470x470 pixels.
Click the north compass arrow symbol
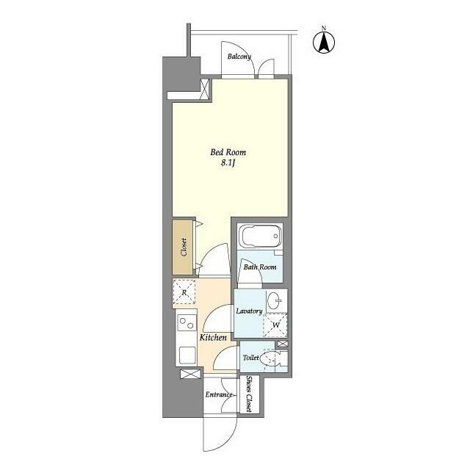[x=324, y=42]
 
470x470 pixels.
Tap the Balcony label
[x=239, y=57]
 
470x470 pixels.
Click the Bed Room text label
[x=228, y=152]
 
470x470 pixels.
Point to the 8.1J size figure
[x=228, y=163]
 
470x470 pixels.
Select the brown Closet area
[x=183, y=247]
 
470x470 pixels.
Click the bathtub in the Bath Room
[x=260, y=236]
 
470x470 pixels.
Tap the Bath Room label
[x=260, y=267]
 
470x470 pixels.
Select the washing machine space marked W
[x=275, y=325]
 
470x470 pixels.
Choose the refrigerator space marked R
[x=184, y=292]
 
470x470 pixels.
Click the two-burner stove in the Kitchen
[x=186, y=323]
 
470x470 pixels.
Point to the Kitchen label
[x=213, y=338]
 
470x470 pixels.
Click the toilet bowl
[x=270, y=358]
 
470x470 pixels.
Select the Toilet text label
[x=251, y=358]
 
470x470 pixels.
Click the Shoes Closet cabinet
[x=250, y=394]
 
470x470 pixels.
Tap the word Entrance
[x=219, y=395]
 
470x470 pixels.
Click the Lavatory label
[x=249, y=311]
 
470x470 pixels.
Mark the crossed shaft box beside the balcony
[x=205, y=89]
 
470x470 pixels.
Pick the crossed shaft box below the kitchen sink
[x=191, y=374]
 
